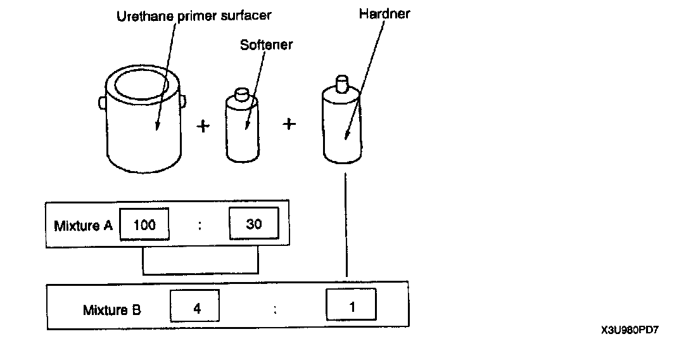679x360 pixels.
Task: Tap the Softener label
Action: click(x=266, y=45)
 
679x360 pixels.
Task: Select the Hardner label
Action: click(x=384, y=13)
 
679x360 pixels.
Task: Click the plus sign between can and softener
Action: click(x=203, y=126)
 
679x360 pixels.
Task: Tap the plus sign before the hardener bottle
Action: click(x=289, y=124)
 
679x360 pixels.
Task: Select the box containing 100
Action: click(x=144, y=224)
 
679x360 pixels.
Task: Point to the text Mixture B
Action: click(x=112, y=310)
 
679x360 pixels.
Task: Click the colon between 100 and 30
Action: click(x=200, y=225)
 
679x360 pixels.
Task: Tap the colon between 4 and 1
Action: click(x=275, y=309)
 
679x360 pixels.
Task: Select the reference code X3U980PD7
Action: click(x=630, y=330)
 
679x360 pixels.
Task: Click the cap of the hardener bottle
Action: click(x=343, y=83)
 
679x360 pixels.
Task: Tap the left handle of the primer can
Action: click(x=102, y=101)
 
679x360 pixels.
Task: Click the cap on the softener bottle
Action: click(x=241, y=94)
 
